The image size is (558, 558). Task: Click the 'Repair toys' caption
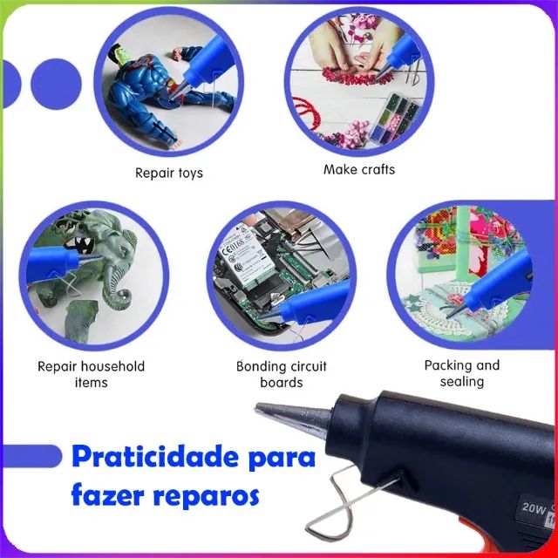[x=168, y=173]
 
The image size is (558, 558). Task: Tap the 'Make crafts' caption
[x=359, y=169]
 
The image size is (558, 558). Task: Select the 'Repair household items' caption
[x=91, y=374]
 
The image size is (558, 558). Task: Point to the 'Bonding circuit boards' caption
[x=282, y=374]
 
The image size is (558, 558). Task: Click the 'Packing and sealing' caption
[x=462, y=373]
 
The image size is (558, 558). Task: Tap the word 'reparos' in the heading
[x=206, y=495]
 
